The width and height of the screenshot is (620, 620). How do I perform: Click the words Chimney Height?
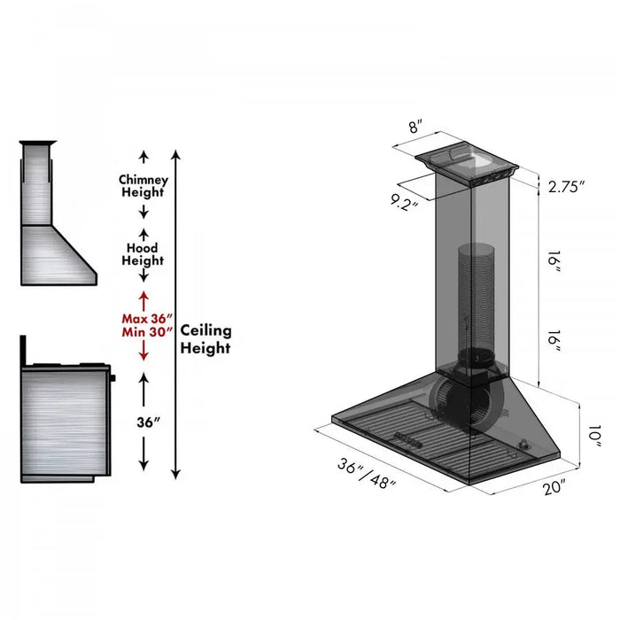[x=143, y=186]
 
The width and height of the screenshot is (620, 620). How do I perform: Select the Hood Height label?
[x=143, y=255]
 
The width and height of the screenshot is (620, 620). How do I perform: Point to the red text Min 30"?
[x=146, y=333]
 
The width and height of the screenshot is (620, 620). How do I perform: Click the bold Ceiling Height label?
[x=205, y=339]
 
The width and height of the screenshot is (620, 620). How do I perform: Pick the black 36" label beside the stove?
[x=143, y=422]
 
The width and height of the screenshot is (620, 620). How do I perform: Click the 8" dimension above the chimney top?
[x=415, y=127]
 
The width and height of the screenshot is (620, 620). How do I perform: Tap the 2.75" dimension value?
[x=567, y=187]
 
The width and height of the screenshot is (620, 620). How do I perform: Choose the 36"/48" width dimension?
[x=366, y=475]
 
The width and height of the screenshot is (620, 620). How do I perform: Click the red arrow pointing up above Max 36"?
[x=143, y=297]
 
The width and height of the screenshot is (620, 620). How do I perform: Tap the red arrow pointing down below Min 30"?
[x=143, y=354]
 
